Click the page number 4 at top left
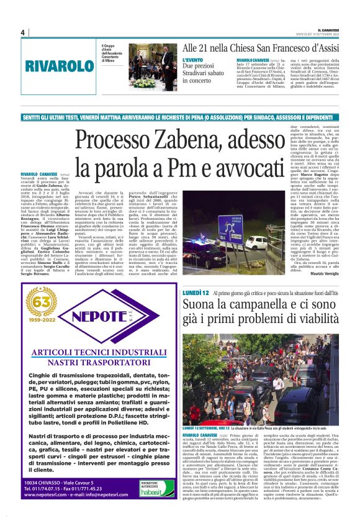pyautogui.click(x=22, y=32)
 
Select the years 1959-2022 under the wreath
pyautogui.click(x=40, y=322)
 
